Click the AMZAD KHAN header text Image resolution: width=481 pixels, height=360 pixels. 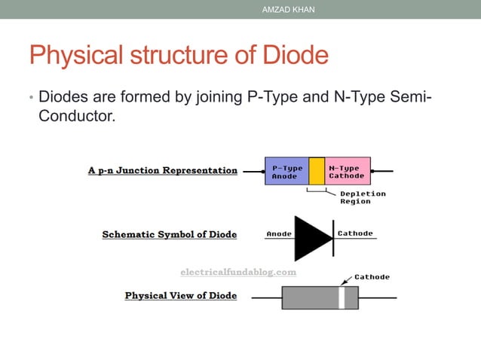coord(288,9)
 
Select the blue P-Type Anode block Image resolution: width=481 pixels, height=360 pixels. coord(286,171)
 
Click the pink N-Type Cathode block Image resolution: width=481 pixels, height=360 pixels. coord(347,171)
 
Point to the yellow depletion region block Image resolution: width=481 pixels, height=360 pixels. coord(317,171)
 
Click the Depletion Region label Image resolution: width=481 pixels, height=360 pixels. coord(363,197)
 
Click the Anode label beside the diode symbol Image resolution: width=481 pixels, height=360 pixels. coord(279,233)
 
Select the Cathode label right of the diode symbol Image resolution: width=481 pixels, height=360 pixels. coord(355,233)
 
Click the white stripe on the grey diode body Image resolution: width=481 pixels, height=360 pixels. coord(342,297)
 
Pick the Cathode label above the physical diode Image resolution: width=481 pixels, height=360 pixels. coord(372,277)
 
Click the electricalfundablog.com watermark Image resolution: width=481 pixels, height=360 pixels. coord(238,271)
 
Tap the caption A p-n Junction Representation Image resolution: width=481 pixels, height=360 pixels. coord(163,170)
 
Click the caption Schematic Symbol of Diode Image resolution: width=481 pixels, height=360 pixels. coord(170,234)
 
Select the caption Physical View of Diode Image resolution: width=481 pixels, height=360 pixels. coord(181,295)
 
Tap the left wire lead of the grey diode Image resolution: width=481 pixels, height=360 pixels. coord(266,297)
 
